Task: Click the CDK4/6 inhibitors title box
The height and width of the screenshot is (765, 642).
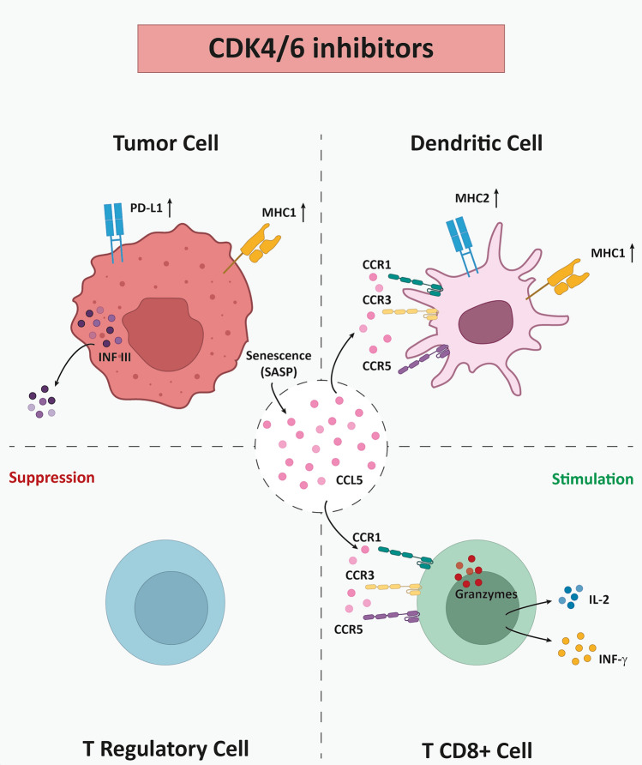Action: [x=321, y=49]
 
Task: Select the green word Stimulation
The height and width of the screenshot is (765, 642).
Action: [x=591, y=478]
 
